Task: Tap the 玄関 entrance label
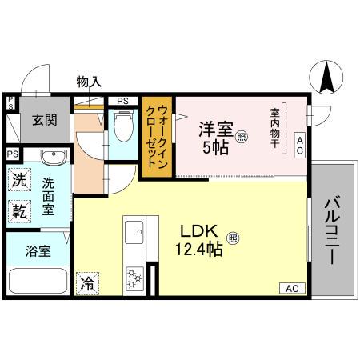coord(44,121)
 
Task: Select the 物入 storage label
coord(88,81)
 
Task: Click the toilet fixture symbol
coord(122,126)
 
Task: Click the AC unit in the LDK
coord(291,287)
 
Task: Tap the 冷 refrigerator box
coord(86,282)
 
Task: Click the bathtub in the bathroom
coord(38,282)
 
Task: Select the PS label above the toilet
coord(122,101)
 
